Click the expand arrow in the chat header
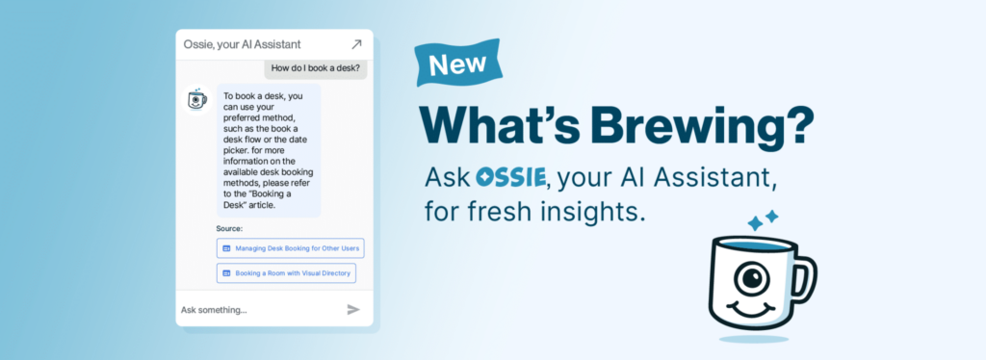point(356,44)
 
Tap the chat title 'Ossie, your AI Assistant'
point(242,44)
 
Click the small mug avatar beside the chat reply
point(196,98)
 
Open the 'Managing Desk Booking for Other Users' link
point(290,248)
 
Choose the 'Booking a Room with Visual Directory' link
point(286,273)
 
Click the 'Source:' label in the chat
point(229,229)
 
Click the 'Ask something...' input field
point(250,309)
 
